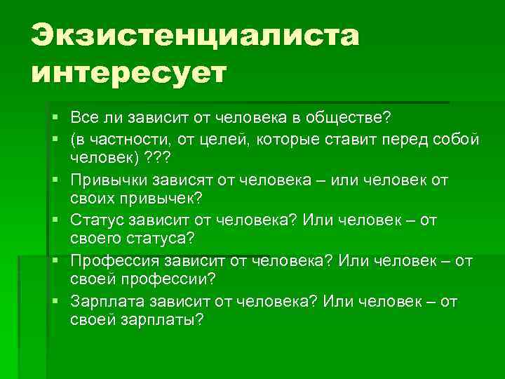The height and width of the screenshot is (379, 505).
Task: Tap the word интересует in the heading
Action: (x=129, y=72)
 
